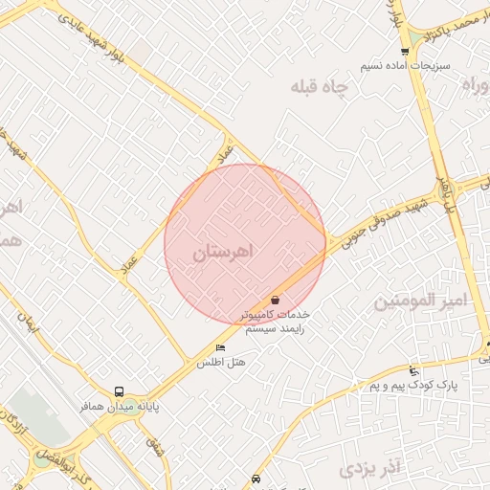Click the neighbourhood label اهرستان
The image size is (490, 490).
(225, 253)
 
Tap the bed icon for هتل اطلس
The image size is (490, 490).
(221, 347)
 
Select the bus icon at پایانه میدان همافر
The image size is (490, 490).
(119, 391)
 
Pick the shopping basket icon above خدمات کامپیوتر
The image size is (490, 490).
(276, 300)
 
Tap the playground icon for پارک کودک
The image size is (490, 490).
(413, 371)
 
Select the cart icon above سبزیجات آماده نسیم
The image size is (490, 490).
(405, 52)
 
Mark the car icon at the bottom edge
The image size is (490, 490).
(256, 478)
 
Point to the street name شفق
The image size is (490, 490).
(153, 444)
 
